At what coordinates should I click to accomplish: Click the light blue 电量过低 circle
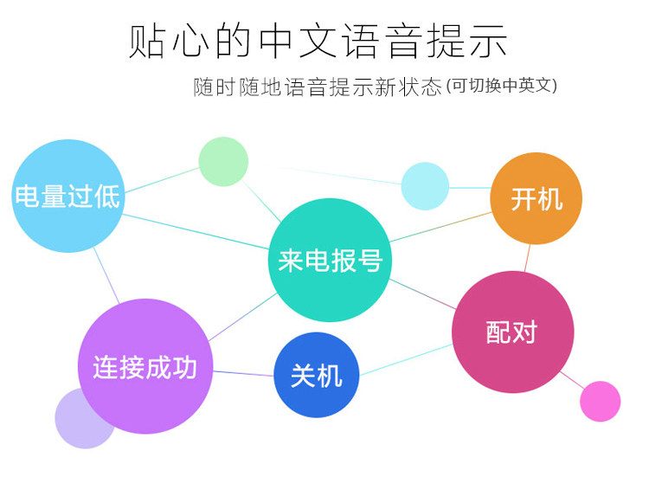point(67,197)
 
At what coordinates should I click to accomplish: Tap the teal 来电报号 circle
point(330,260)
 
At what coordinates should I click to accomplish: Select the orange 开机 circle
point(536,199)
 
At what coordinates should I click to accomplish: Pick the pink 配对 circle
point(512,332)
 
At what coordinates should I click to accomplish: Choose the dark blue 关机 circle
point(316,375)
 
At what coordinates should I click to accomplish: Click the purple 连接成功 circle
point(145,366)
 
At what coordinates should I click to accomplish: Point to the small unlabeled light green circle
point(223,162)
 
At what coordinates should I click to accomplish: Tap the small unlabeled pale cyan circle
point(425,186)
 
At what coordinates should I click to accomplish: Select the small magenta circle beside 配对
point(600,402)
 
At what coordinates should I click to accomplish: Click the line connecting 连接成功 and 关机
point(242,373)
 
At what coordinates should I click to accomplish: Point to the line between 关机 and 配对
point(405,359)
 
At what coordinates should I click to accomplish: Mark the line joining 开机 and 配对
point(527,258)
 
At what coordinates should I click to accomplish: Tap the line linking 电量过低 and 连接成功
point(106,276)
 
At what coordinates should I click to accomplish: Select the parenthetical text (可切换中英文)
point(501,87)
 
